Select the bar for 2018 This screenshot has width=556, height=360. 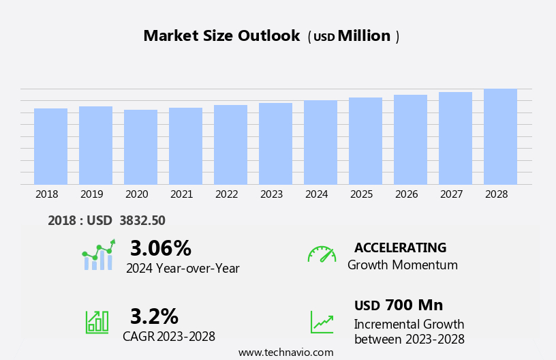click(x=50, y=146)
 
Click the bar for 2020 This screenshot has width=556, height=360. click(x=140, y=147)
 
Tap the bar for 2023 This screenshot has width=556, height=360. click(x=275, y=143)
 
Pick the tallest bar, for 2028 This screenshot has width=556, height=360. click(x=500, y=136)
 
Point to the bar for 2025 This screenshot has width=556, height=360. click(x=365, y=140)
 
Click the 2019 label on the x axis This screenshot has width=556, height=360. click(x=91, y=194)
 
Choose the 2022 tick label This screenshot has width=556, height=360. click(x=226, y=194)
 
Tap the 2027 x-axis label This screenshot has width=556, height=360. click(x=451, y=194)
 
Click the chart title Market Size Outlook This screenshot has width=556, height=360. click(x=221, y=36)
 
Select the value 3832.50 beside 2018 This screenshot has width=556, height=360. click(x=142, y=220)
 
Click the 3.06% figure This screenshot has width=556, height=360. click(x=160, y=248)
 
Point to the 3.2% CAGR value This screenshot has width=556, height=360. click(x=154, y=316)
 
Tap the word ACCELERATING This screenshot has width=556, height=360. click(x=400, y=247)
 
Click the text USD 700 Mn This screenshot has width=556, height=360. click(x=399, y=305)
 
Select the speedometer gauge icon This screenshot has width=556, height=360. click(x=322, y=254)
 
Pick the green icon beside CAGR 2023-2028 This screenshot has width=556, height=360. click(x=97, y=321)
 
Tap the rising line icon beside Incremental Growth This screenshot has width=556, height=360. click(x=322, y=322)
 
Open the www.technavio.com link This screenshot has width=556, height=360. click(x=285, y=352)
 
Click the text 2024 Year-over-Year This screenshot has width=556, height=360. click(x=183, y=269)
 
